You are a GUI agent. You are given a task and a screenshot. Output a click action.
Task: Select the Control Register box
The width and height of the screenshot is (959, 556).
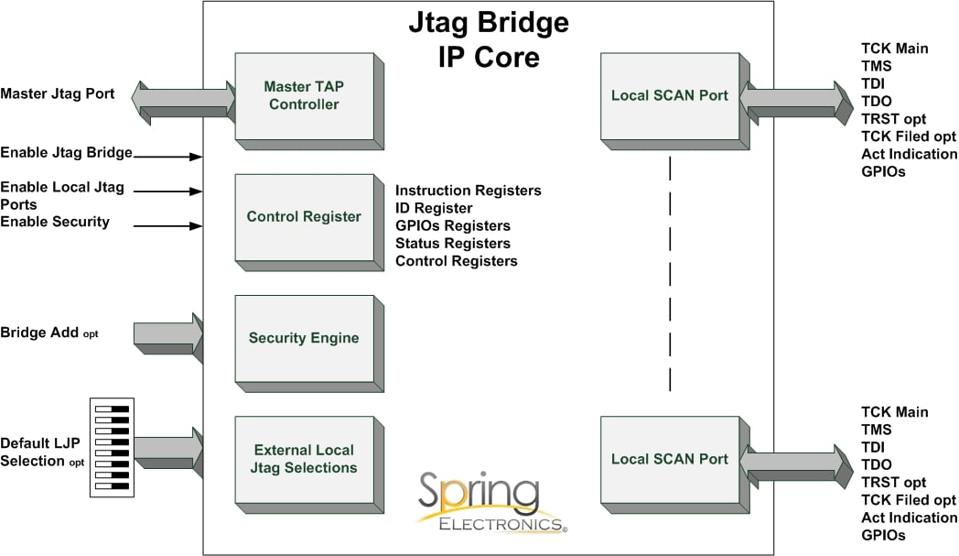[304, 217]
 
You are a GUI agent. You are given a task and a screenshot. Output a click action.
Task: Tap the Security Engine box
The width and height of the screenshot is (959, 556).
[304, 338]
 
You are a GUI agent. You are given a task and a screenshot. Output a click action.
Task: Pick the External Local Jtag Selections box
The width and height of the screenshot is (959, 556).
[304, 459]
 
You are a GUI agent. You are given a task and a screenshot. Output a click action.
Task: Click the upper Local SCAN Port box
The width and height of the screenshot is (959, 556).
[670, 95]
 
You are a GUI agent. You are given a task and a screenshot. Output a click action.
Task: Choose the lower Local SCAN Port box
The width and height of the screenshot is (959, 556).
[670, 459]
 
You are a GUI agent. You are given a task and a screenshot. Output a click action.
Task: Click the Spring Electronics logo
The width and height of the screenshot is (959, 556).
[491, 503]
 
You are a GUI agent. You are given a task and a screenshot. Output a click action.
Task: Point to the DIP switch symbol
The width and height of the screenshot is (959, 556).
[112, 447]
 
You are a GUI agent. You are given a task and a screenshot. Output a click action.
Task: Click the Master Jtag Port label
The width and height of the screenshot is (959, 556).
[57, 93]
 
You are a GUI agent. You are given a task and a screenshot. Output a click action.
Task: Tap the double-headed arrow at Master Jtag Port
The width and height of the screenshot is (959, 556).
[183, 98]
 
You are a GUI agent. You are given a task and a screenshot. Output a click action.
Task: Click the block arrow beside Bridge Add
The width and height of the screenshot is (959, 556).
[168, 333]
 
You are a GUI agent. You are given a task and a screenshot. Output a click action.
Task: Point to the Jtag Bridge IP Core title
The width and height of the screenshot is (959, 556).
[488, 38]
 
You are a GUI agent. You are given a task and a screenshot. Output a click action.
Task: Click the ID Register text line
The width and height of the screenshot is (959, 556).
[434, 208]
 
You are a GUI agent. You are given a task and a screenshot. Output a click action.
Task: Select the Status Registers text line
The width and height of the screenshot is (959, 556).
[452, 244]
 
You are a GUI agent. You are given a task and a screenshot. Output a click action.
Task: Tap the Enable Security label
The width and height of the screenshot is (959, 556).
[55, 222]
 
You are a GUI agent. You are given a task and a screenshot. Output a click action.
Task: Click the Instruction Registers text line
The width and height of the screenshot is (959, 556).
[468, 191]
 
